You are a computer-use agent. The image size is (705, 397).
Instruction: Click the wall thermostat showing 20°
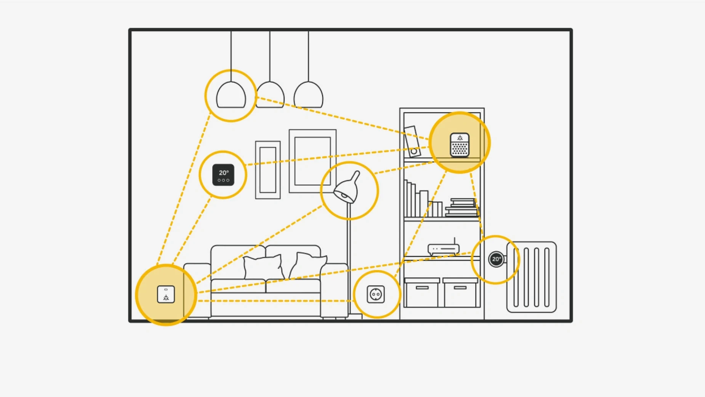[x=223, y=175]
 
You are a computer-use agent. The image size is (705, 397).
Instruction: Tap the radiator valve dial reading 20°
[x=496, y=259]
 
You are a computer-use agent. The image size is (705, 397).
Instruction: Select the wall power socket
[x=376, y=294]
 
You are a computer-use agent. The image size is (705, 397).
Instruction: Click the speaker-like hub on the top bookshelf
[x=460, y=145]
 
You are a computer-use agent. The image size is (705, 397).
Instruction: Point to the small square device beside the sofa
[x=166, y=294]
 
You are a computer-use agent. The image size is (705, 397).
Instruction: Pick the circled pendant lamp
[x=231, y=96]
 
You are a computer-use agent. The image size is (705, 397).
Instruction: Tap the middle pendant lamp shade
[x=270, y=96]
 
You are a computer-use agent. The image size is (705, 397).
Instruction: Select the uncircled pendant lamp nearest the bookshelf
[x=308, y=96]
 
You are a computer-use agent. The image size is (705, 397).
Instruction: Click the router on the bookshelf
[x=444, y=249]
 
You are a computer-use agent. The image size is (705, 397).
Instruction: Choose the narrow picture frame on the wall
[x=268, y=170]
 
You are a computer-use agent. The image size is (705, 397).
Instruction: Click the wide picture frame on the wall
[x=312, y=161]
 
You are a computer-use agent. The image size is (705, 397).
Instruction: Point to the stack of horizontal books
[x=462, y=208]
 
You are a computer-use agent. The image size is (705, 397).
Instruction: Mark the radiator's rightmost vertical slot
[x=547, y=277]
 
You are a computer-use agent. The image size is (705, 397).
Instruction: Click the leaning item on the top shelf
[x=412, y=141]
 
